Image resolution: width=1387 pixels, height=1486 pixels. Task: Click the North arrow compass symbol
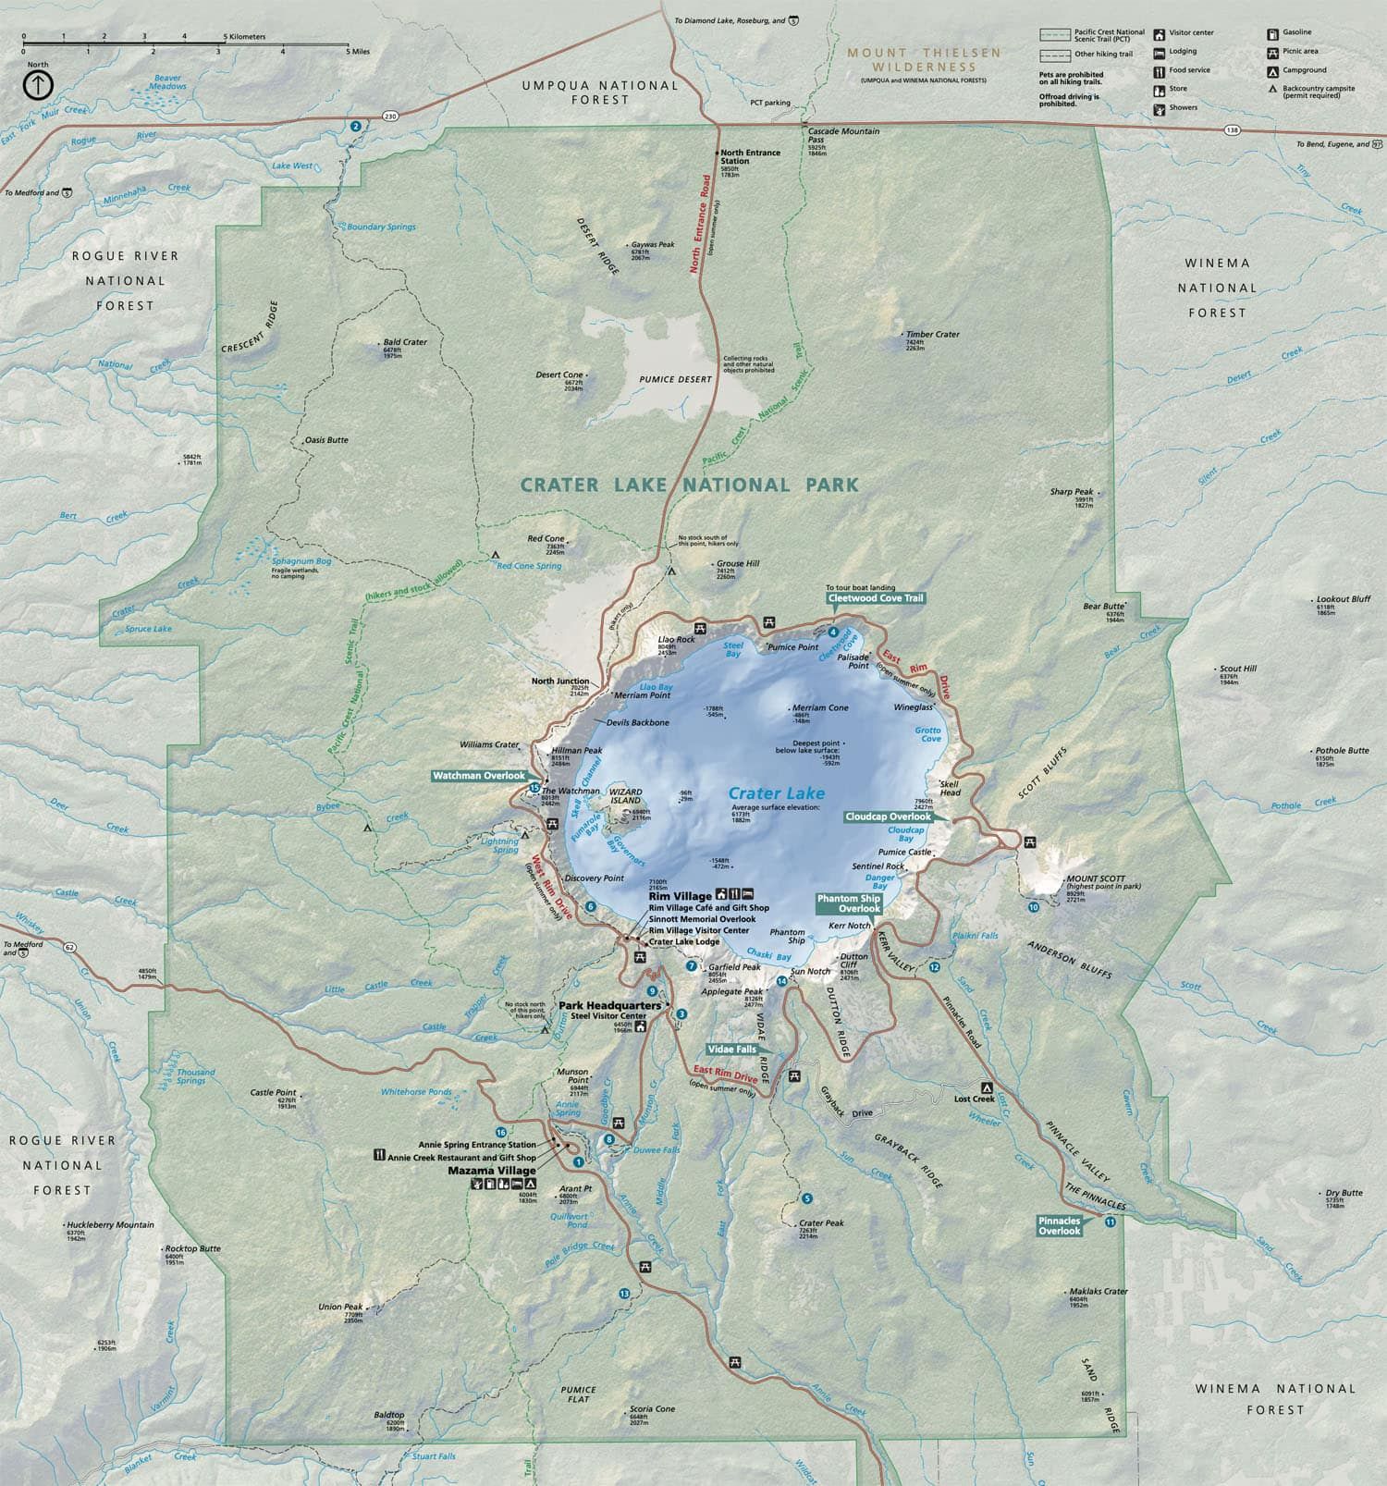37,85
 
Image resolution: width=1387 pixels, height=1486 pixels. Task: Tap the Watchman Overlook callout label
479,776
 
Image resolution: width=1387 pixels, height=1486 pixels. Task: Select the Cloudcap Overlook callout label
888,817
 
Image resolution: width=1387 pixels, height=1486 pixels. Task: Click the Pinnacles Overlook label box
1059,1225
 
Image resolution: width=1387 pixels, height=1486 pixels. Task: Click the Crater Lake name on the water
776,793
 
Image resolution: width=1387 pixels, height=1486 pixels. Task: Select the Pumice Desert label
676,379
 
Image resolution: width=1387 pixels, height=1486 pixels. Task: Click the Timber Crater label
932,334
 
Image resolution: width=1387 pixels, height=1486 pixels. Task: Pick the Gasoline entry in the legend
1296,32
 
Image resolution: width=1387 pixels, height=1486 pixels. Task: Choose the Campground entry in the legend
1304,70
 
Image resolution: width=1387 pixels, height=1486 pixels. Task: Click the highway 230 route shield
391,116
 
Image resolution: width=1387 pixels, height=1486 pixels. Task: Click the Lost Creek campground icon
987,1087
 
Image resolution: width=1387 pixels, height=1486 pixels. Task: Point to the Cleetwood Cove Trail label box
876,598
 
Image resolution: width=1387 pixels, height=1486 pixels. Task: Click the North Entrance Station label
750,156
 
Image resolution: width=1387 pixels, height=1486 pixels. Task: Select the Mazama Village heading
492,1171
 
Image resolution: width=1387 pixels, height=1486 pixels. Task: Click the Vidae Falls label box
731,1050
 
